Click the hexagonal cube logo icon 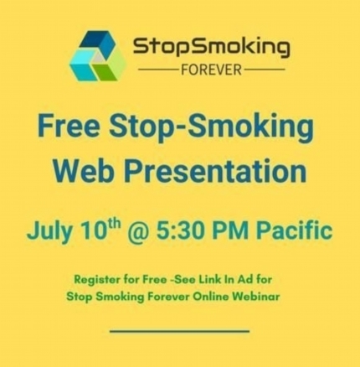(x=97, y=56)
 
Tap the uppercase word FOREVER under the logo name (x=211, y=70)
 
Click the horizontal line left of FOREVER (x=159, y=70)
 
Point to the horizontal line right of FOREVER (x=264, y=70)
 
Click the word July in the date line (x=50, y=231)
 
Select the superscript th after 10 (x=114, y=224)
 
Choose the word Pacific (x=295, y=230)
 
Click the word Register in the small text (x=93, y=280)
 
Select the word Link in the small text (x=209, y=280)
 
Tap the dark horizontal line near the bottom (x=179, y=331)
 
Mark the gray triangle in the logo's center (x=98, y=58)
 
